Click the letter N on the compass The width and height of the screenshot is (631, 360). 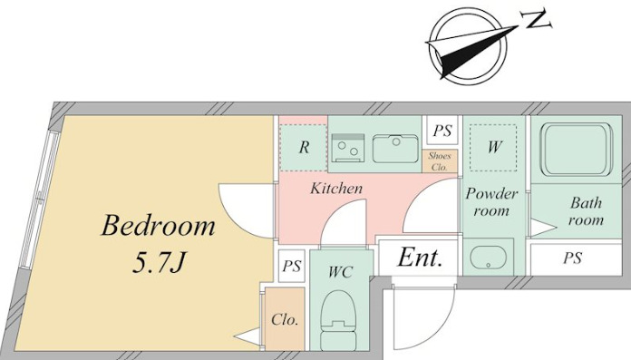pos(536,19)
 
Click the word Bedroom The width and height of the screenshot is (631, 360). pos(158,226)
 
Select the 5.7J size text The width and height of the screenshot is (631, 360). pos(158,263)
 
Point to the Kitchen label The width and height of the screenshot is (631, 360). pos(336,189)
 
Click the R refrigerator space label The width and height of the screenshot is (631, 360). pos(304,148)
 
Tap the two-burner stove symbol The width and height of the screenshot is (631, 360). pos(348,148)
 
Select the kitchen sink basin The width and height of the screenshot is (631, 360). pos(395,148)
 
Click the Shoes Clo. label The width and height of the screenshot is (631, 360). pos(440,161)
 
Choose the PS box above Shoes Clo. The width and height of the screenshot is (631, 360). pos(442,131)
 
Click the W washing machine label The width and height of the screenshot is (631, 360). pos(494,147)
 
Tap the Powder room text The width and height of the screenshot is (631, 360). pos(491,202)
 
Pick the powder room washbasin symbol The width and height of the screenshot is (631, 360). pos(488,256)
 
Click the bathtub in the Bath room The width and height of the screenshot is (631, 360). pos(576,149)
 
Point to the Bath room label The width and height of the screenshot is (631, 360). pos(587,211)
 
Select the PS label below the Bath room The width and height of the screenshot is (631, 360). pos(572,258)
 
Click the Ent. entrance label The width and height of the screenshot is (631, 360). pos(420,258)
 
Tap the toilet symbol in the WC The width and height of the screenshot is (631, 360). pos(338,320)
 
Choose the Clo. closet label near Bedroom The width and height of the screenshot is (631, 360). pos(285,320)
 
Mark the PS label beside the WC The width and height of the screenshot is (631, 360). pos(292,266)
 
